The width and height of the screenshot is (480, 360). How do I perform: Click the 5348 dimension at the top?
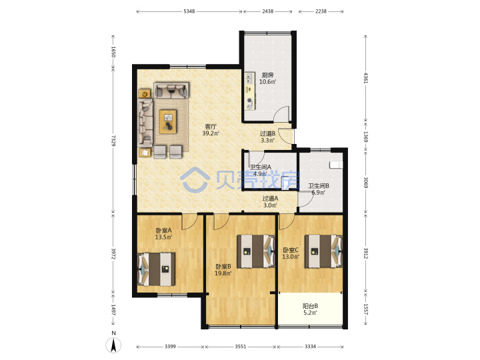189,11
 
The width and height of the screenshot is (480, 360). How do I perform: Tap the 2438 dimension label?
267,11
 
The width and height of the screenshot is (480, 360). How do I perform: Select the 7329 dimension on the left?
113,141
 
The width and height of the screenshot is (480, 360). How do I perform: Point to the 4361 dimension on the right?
366,78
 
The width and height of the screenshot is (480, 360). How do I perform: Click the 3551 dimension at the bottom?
240,346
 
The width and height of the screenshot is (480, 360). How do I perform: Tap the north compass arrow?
113,345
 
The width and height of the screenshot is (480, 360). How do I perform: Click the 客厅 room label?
211,127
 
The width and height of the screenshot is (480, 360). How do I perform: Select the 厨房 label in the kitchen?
267,75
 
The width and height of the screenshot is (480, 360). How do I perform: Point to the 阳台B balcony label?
310,306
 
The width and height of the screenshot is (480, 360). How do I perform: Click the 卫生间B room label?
319,186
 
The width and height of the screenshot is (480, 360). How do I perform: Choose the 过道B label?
267,134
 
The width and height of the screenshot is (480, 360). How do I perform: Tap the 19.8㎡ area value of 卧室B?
223,273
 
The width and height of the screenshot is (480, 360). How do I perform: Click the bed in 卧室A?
157,269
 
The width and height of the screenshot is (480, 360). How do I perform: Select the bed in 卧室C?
323,251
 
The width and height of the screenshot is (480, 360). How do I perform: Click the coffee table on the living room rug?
168,122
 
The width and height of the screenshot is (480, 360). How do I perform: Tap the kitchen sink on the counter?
250,78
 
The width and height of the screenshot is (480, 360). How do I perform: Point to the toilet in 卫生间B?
336,165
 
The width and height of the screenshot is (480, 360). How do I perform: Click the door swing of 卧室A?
189,221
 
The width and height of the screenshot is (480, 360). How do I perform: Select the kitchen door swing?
281,114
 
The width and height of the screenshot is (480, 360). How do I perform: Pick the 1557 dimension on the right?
366,309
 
